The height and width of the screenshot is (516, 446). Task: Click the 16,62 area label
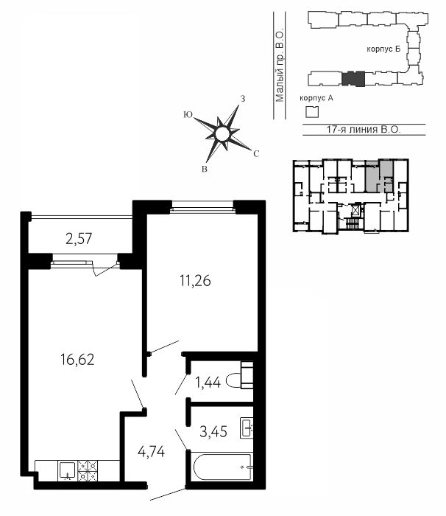coord(77,360)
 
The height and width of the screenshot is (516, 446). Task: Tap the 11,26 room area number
coord(195,281)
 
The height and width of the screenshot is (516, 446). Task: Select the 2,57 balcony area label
coord(79,239)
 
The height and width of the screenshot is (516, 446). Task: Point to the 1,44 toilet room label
coord(208,383)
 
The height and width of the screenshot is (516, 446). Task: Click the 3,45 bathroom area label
coord(213,431)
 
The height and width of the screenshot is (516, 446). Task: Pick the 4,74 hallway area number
coord(151,452)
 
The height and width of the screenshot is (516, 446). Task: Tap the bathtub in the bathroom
coord(222,467)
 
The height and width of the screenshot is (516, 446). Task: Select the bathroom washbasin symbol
coord(247,428)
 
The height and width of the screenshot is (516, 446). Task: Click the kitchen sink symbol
coord(68,470)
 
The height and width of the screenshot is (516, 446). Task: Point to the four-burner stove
coord(88,470)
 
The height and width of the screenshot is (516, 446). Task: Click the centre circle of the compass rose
coord(222,133)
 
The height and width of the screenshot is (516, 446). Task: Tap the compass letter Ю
coord(188,114)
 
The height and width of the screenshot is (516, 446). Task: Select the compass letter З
coord(243,99)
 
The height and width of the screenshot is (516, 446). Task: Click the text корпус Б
coord(383,49)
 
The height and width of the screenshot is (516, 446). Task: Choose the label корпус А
coord(316,98)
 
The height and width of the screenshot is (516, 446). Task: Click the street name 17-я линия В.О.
coord(364,129)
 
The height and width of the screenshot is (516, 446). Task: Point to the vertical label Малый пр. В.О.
coord(280,67)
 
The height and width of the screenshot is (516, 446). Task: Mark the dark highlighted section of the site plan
coord(353,79)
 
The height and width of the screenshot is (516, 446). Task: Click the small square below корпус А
coord(312,112)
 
